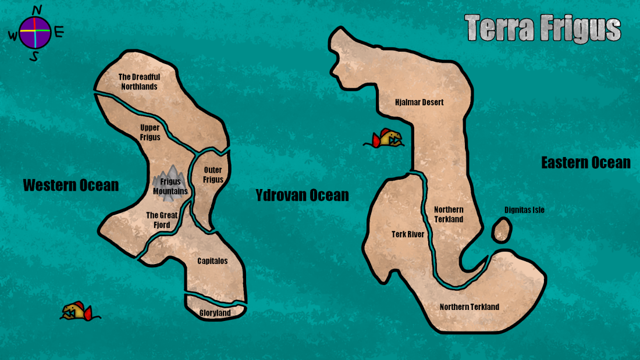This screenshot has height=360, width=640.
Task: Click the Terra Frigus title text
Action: click(543, 28)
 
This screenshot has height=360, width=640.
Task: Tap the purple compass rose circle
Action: click(35, 33)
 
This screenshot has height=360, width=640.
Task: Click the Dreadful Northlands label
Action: click(139, 81)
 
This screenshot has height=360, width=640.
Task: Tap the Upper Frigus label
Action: click(150, 133)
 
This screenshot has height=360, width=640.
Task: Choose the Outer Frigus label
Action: click(213, 174)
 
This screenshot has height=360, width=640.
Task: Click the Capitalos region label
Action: click(212, 261)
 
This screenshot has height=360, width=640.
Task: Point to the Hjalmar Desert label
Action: click(419, 102)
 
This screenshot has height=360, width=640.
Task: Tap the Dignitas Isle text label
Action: click(524, 210)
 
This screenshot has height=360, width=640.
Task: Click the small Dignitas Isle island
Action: click(502, 230)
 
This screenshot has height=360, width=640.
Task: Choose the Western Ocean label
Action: click(70, 186)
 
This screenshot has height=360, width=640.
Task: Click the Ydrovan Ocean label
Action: click(302, 195)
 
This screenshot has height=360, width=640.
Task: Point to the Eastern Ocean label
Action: click(585, 163)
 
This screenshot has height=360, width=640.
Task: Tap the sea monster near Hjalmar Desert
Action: click(385, 139)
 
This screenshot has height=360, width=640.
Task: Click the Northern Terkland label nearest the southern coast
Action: click(469, 307)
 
